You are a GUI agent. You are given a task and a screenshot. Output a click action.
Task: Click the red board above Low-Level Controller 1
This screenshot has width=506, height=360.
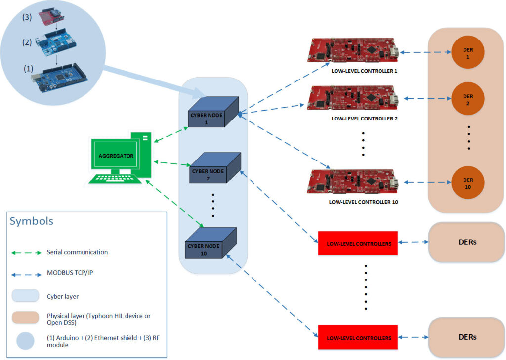coord(352,51)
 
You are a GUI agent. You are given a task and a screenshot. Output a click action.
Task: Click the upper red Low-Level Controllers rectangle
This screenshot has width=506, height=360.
coord(357,243)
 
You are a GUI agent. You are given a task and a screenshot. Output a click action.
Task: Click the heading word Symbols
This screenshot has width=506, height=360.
coord(31,221)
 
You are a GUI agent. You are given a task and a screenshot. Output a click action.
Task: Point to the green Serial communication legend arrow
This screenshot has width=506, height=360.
coord(27,252)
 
